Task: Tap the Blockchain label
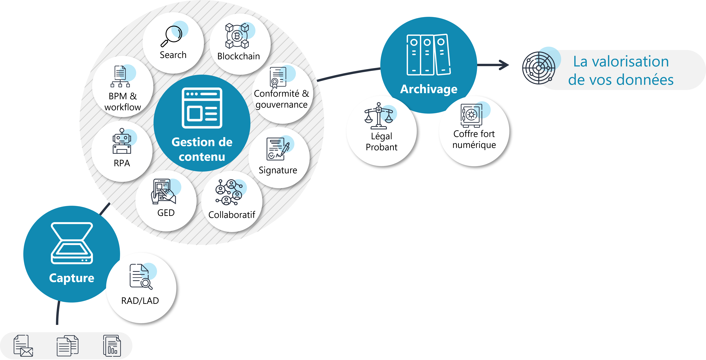click(238, 56)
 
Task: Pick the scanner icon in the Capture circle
click(72, 243)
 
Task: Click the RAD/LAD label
click(140, 301)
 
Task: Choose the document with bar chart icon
click(112, 346)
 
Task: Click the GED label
click(166, 213)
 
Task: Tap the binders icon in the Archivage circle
click(429, 55)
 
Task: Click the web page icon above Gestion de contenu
click(202, 108)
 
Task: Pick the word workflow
click(123, 107)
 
